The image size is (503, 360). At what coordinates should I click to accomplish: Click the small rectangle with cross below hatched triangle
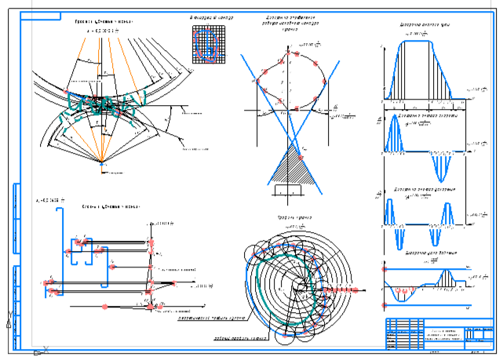(287, 190)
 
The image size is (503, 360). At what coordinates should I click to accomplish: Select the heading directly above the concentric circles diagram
(294, 218)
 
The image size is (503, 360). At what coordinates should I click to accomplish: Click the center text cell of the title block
(432, 334)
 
